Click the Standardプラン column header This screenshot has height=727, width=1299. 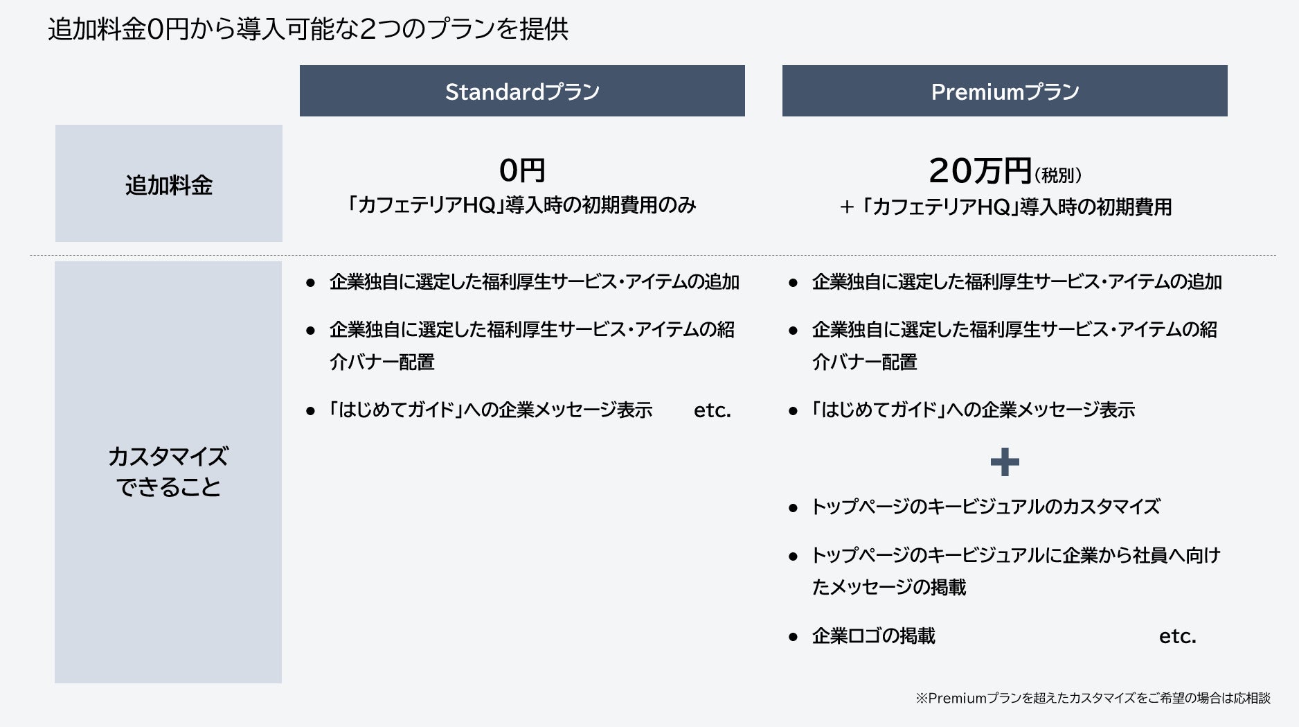(x=522, y=91)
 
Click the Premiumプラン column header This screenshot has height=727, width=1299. (x=1005, y=91)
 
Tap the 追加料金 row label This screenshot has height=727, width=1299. (x=169, y=184)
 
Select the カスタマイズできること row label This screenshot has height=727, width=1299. (x=168, y=472)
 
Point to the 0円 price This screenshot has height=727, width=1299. (x=522, y=170)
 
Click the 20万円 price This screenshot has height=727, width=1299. (x=980, y=170)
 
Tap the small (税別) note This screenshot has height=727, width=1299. (x=1058, y=175)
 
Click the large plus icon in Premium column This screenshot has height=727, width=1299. (x=1005, y=462)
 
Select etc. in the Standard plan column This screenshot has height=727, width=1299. (x=713, y=410)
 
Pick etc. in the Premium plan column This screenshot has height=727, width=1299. (x=1178, y=636)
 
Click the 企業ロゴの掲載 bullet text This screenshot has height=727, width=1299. (x=874, y=636)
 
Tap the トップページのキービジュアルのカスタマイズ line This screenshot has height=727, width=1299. (x=985, y=507)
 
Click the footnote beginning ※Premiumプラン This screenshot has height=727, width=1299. (x=1093, y=698)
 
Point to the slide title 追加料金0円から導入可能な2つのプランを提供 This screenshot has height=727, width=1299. (x=308, y=29)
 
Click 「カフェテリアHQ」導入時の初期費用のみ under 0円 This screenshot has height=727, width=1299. (x=522, y=205)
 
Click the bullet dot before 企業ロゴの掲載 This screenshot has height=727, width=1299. (x=794, y=637)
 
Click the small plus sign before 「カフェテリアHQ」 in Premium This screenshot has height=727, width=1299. (x=846, y=207)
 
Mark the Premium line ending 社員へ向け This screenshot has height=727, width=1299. (x=1016, y=555)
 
